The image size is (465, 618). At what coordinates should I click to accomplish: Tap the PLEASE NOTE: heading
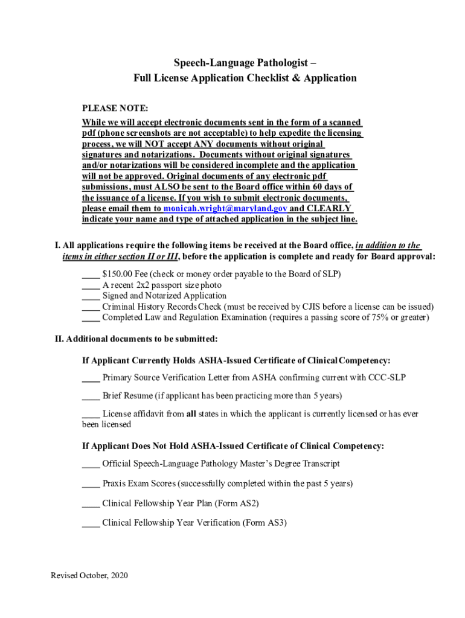coord(115,109)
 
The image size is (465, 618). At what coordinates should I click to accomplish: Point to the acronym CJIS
coord(310,307)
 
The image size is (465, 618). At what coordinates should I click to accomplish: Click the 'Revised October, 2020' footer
coord(89,576)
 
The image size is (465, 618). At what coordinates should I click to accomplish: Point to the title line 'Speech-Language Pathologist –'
coord(245,63)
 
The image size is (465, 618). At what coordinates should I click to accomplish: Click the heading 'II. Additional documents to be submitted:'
coord(136,339)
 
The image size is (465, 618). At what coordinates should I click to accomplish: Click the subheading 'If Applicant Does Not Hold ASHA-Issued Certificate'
coord(233,446)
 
